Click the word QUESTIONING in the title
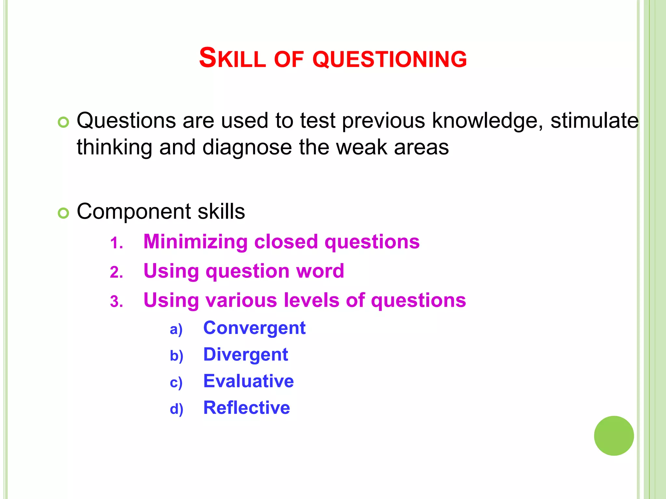click(x=390, y=59)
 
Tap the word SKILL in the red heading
click(x=232, y=58)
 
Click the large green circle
click(x=614, y=436)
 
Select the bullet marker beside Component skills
click(x=63, y=213)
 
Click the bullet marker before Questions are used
click(x=63, y=122)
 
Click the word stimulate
click(x=594, y=121)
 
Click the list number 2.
click(x=116, y=272)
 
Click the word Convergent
click(x=254, y=328)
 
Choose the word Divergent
click(x=246, y=354)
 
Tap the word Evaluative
click(x=248, y=381)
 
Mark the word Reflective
click(x=246, y=408)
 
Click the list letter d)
click(x=176, y=409)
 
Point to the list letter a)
click(x=176, y=329)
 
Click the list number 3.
click(x=116, y=301)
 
